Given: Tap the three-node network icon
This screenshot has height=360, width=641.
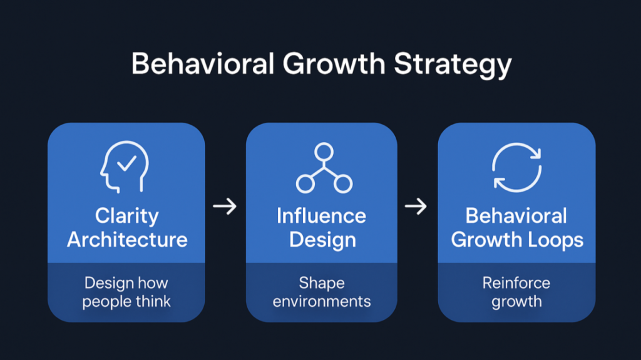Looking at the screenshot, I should point(324,168).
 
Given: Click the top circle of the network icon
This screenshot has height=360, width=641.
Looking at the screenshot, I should point(324,152).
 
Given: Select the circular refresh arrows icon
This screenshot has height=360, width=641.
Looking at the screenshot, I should point(516,167).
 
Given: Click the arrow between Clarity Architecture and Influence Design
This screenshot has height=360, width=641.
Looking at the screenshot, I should point(225,207).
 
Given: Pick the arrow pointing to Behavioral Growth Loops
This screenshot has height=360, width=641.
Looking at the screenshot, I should point(416,207).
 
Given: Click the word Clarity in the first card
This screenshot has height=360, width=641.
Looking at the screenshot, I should point(127,217).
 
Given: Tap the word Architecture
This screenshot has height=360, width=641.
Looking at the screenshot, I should point(127,240).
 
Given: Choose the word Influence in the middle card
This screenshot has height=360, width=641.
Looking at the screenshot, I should point(321,217).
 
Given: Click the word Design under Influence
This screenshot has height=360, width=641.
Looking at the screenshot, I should point(322,240).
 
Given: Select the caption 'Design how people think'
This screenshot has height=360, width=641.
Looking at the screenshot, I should point(126,292).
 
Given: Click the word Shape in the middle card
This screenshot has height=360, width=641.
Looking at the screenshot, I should point(322,283).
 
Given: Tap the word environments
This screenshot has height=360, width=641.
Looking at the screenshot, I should point(322,302).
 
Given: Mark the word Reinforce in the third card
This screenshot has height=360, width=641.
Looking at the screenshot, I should point(516,283).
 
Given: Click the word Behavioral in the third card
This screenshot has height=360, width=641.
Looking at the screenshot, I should point(516,217).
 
